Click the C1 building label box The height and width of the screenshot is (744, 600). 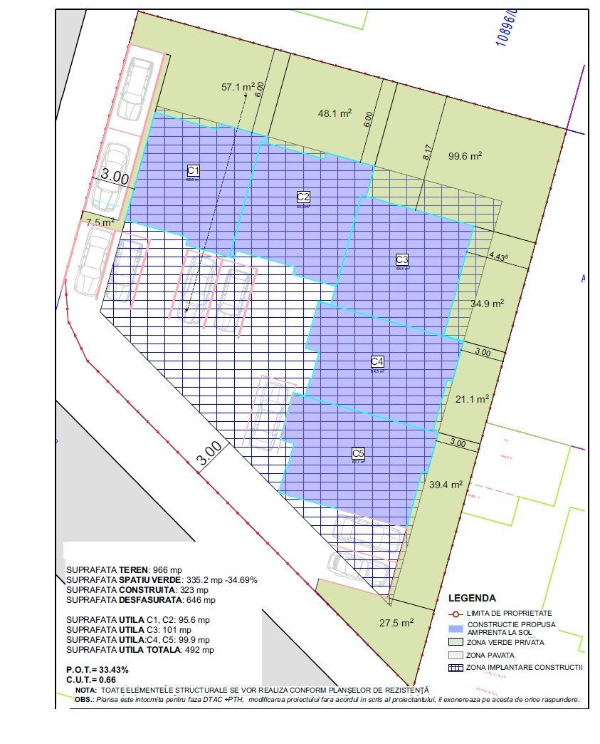(193, 170)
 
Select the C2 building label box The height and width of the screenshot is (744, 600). (303, 197)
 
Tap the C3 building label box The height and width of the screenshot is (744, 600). (402, 259)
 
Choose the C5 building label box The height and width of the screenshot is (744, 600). (358, 453)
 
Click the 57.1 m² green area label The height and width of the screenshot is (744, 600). (238, 88)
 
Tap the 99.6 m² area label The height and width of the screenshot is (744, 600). (465, 156)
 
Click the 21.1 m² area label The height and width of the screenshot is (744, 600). (472, 399)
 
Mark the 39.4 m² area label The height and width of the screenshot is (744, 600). (446, 485)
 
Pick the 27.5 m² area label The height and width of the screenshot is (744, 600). (396, 623)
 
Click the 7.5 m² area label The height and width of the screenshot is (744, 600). (100, 222)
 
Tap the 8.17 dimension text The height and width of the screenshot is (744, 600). (427, 151)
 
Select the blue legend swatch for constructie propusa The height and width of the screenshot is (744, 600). (456, 628)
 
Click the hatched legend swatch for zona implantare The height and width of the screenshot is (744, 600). (456, 668)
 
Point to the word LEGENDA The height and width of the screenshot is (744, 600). (472, 599)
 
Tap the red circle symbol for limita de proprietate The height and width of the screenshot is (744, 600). (456, 614)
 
